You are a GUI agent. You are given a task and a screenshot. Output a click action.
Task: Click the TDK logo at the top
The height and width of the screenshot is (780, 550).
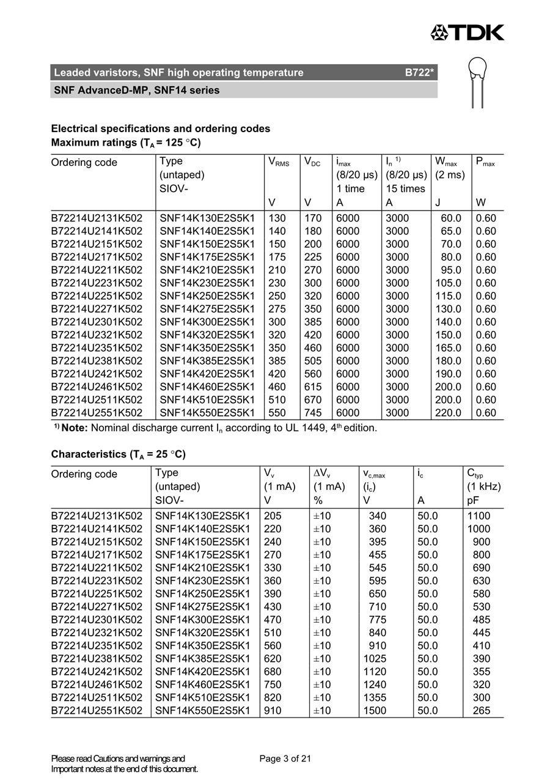click(x=468, y=32)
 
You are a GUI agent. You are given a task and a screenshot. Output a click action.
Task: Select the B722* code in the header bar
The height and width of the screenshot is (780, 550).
click(x=419, y=73)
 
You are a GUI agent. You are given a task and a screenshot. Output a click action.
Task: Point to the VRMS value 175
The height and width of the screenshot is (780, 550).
click(x=277, y=257)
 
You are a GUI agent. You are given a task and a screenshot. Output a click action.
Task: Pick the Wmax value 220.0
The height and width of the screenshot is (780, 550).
click(x=448, y=413)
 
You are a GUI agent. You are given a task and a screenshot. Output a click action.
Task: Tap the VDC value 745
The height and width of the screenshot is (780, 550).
click(x=313, y=413)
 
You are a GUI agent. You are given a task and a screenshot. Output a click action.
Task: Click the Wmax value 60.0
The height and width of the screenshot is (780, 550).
click(x=451, y=218)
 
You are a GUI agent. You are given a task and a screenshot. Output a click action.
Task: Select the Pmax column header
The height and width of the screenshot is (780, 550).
click(x=485, y=163)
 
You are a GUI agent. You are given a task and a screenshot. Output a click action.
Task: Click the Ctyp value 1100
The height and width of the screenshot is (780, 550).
click(x=479, y=516)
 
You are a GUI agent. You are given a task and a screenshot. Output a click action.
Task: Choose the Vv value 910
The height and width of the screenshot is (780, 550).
click(x=273, y=711)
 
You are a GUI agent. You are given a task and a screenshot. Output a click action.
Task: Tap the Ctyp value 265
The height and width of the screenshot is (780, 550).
click(x=482, y=711)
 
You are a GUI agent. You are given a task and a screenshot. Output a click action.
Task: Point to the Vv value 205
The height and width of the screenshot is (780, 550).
click(x=273, y=516)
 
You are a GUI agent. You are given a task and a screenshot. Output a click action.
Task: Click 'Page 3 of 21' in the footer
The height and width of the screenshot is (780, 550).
click(x=285, y=759)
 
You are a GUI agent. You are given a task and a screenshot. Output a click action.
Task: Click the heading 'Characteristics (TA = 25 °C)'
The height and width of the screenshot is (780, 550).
click(x=118, y=455)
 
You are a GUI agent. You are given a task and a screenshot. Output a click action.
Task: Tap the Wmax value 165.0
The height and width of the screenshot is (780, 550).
click(x=448, y=348)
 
